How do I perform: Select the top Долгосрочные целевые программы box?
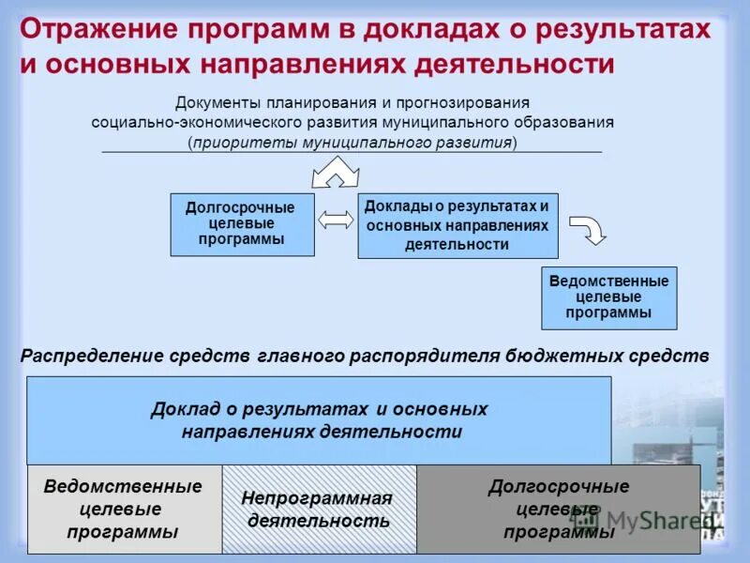pos(241,224)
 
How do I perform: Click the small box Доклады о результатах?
pos(457,225)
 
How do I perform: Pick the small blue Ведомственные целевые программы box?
pos(608,297)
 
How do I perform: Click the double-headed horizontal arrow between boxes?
pos(336,220)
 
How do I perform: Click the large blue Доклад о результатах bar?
pos(319,420)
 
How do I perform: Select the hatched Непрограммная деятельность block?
pos(319,510)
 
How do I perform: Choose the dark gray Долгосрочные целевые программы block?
pos(558,510)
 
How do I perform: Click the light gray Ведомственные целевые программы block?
pos(124,510)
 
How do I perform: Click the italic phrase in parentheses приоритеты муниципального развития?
pos(352,143)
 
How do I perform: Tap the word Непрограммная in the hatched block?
pos(317,498)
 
